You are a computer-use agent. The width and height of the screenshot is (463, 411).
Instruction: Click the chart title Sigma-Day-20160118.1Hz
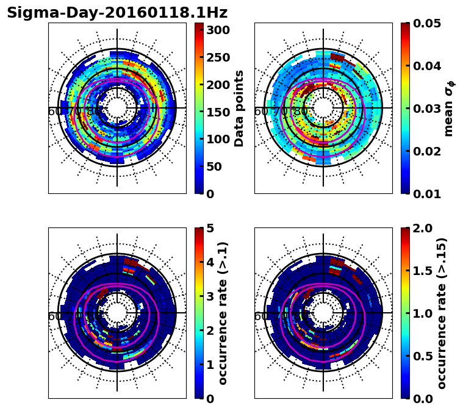(117, 13)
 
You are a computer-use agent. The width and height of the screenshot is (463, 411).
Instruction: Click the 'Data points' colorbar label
(239, 109)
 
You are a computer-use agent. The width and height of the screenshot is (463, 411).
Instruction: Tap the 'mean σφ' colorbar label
(449, 109)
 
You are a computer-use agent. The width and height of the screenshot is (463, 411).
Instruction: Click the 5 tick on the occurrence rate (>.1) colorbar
(209, 228)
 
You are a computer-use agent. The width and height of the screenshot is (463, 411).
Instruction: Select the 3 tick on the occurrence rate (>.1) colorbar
(209, 296)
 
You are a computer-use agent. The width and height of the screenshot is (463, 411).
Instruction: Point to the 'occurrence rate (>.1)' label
(223, 313)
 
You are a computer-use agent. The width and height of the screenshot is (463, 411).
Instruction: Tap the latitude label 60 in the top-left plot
(54, 112)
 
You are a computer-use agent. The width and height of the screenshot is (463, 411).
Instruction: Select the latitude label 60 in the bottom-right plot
(260, 316)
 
